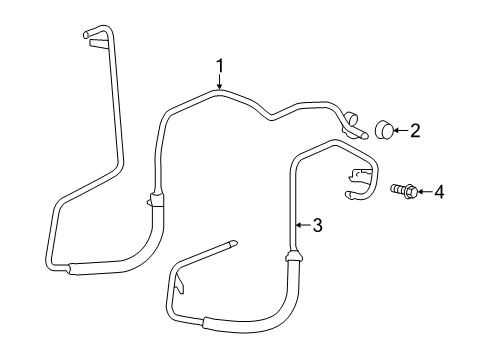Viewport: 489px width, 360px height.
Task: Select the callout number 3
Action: (317, 226)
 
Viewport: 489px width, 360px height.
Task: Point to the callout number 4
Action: (437, 190)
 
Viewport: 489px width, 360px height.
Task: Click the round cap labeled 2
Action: (384, 128)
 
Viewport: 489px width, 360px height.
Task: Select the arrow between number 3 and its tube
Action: (303, 226)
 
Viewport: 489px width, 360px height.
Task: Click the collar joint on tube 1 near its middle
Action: (154, 198)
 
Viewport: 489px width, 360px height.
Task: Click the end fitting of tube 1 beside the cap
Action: (353, 124)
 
